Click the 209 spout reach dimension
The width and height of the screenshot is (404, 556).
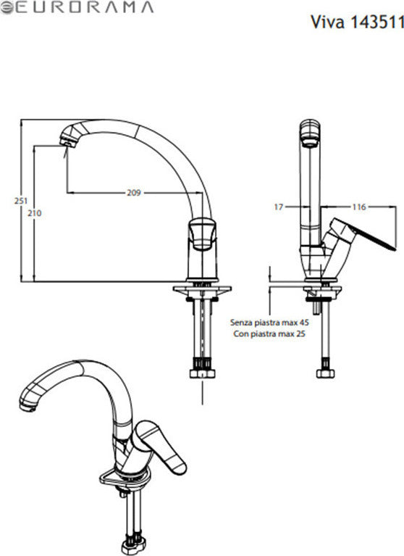tap(132, 193)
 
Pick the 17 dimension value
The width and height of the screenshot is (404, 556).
tap(279, 207)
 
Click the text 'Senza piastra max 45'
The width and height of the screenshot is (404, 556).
tap(269, 320)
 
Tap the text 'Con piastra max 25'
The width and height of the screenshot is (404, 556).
tap(269, 334)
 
